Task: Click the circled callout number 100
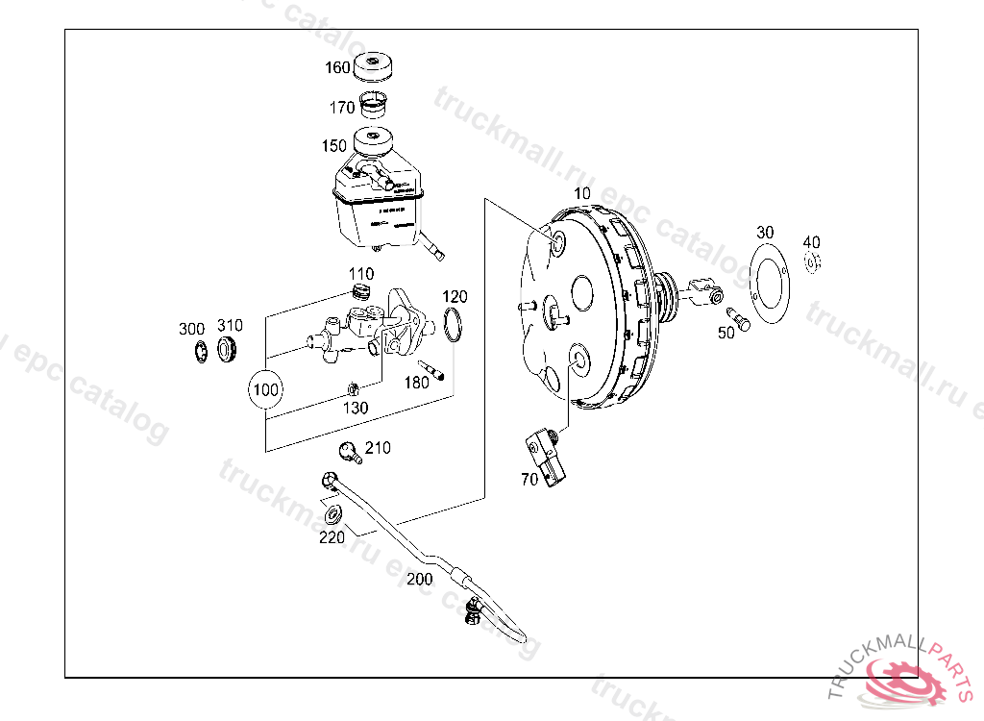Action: click(x=266, y=389)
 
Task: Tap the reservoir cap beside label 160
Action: click(x=375, y=69)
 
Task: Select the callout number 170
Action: click(x=342, y=108)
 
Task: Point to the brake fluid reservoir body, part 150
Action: click(x=377, y=207)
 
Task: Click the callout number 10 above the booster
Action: click(x=582, y=193)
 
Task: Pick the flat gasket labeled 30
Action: click(x=767, y=283)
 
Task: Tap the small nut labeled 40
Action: click(x=812, y=261)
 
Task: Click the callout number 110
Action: click(x=361, y=275)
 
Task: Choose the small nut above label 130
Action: click(x=353, y=388)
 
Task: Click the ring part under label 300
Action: click(x=200, y=351)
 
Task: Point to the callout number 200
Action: click(x=420, y=580)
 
